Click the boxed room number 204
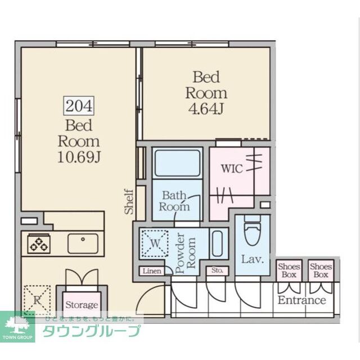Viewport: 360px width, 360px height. pyautogui.click(x=79, y=106)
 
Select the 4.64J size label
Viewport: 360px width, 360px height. pyautogui.click(x=206, y=108)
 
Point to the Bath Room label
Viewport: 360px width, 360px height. pyautogui.click(x=174, y=201)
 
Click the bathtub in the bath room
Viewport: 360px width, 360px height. pyautogui.click(x=177, y=163)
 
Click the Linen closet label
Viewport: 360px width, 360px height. pyautogui.click(x=151, y=271)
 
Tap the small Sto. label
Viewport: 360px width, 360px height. pyautogui.click(x=218, y=271)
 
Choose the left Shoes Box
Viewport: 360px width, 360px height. pyautogui.click(x=289, y=271)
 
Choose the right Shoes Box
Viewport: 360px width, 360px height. pyautogui.click(x=321, y=271)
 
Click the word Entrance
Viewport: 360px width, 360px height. pyautogui.click(x=301, y=300)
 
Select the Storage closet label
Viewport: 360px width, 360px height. pyautogui.click(x=82, y=305)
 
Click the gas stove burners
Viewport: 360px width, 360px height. pyautogui.click(x=39, y=244)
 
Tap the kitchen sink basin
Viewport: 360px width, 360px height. pyautogui.click(x=83, y=243)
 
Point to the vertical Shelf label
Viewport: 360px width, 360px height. pyautogui.click(x=128, y=201)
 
